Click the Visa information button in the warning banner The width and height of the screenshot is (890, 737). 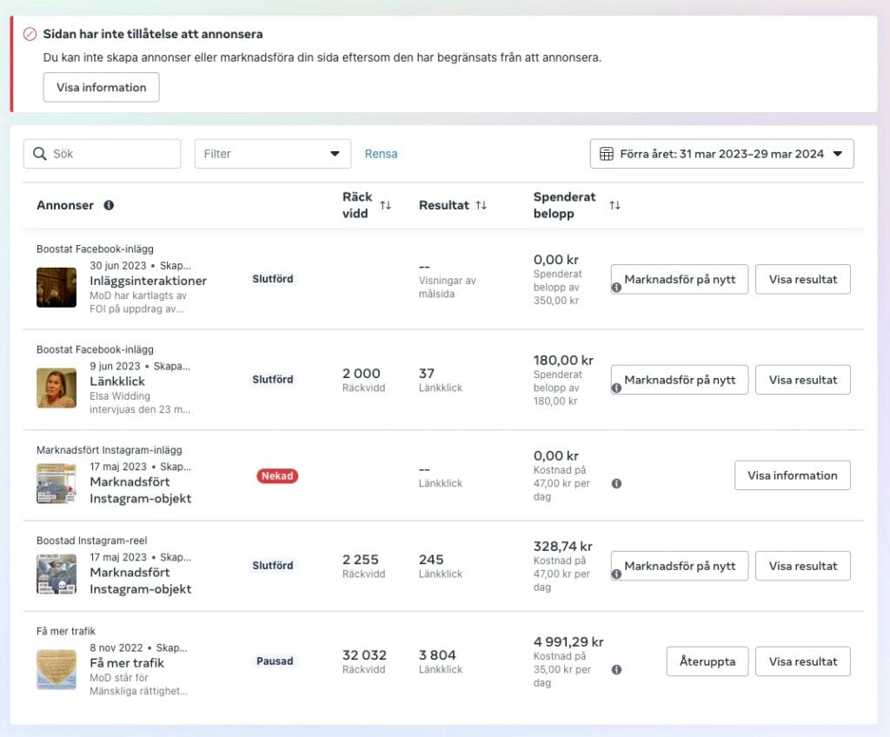[x=101, y=87]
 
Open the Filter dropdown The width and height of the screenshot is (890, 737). [x=272, y=154]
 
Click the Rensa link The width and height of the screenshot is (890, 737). [x=381, y=154]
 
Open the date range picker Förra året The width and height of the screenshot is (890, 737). [x=721, y=154]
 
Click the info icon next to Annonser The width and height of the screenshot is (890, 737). [x=109, y=206]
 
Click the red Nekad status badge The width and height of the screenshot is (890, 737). [x=277, y=476]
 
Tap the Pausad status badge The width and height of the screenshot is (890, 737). [x=275, y=661]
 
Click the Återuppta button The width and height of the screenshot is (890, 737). [x=707, y=661]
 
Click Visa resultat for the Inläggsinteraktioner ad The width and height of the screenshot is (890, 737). [x=802, y=280]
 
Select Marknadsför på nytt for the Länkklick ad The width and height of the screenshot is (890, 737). [x=680, y=380]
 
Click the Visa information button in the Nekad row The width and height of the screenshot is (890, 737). [x=792, y=475]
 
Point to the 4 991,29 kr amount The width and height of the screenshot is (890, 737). [x=568, y=642]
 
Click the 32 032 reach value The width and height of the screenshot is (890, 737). [x=364, y=655]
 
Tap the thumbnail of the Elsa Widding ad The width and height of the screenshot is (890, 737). [x=56, y=388]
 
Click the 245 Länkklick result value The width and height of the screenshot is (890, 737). [x=431, y=560]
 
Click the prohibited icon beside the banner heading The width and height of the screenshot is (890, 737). [x=30, y=35]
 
